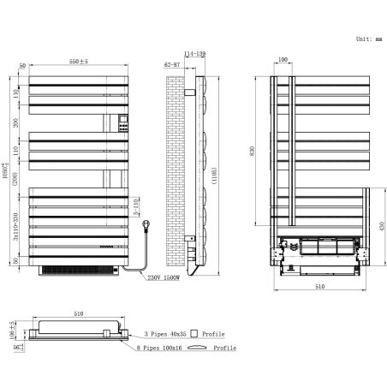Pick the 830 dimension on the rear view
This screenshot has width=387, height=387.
click(265, 150)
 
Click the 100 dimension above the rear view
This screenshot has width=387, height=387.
click(283, 61)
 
